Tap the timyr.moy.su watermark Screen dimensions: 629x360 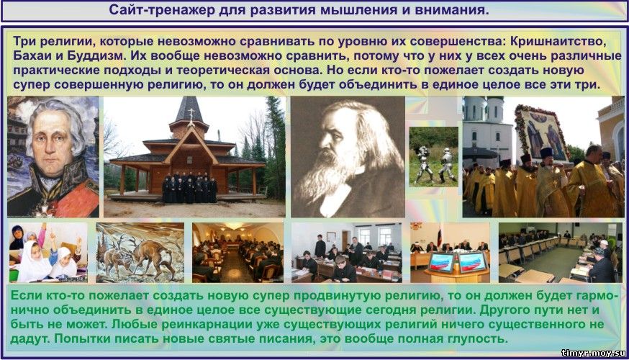coord(593,353)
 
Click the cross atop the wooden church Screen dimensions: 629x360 coord(191,113)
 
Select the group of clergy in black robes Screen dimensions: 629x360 coord(189,187)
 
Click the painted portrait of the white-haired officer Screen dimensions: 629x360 coord(53,157)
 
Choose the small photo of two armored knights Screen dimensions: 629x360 coord(433,156)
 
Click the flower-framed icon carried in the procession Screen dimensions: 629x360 coord(540,132)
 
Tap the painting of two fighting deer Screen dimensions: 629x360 coord(140,253)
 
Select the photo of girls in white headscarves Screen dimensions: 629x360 coord(48,253)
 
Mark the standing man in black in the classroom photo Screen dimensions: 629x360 coord(320,246)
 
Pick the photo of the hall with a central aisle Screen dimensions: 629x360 coord(238,253)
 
